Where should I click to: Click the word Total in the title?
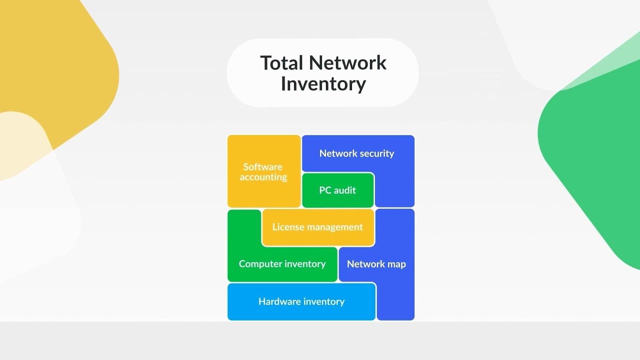pyautogui.click(x=281, y=63)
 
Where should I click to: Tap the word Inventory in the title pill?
pyautogui.click(x=323, y=83)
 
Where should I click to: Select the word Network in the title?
pyautogui.click(x=347, y=63)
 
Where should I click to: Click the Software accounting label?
pyautogui.click(x=263, y=172)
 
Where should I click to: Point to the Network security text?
pyautogui.click(x=356, y=153)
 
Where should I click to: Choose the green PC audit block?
pyautogui.click(x=337, y=190)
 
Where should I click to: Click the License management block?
pyautogui.click(x=317, y=227)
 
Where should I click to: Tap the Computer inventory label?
pyautogui.click(x=282, y=264)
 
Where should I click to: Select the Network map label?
pyautogui.click(x=376, y=264)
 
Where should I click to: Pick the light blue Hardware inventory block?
pyautogui.click(x=301, y=301)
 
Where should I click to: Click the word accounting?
pyautogui.click(x=263, y=177)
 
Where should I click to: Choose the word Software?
pyautogui.click(x=263, y=166)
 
